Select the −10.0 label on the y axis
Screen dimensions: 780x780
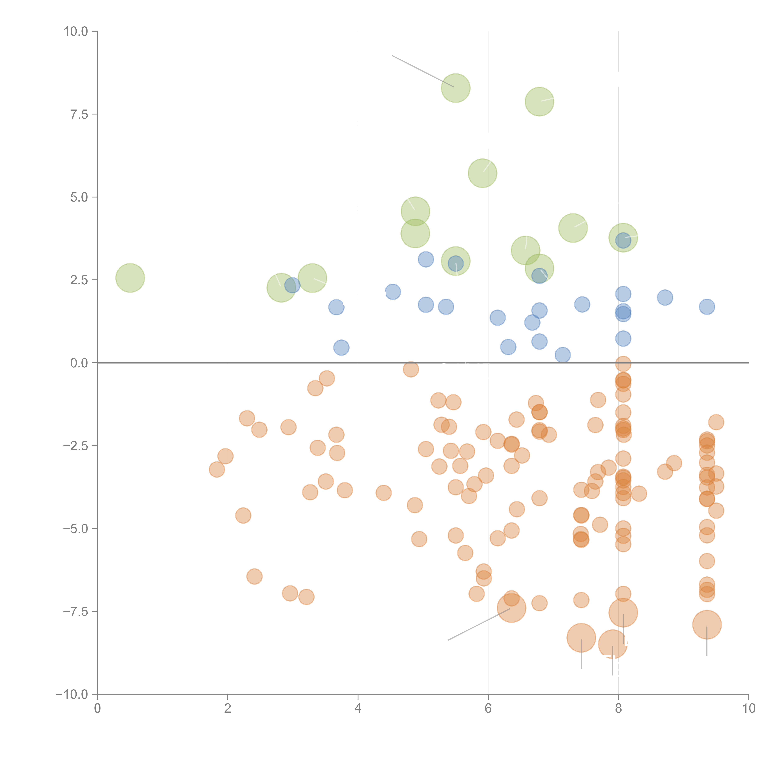click(x=72, y=694)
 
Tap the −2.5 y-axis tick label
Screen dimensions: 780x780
click(x=76, y=446)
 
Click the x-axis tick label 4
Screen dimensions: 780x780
click(x=358, y=709)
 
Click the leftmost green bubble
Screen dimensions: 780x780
click(x=130, y=278)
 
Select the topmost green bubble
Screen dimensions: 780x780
click(x=455, y=88)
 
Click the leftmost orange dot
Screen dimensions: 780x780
click(x=217, y=470)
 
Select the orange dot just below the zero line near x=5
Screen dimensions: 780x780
click(x=411, y=369)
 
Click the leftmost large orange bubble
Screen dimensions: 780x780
click(x=512, y=608)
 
